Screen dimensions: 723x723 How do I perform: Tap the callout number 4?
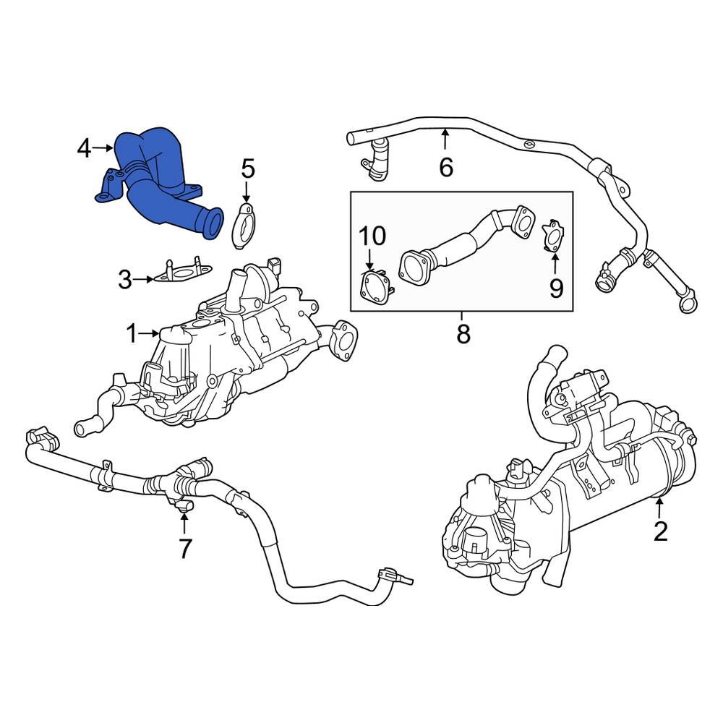[x=85, y=149]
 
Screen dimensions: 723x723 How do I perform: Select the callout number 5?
[x=247, y=171]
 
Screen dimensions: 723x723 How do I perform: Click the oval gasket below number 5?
[x=244, y=225]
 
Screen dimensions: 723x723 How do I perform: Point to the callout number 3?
[x=125, y=280]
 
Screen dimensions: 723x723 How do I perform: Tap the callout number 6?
[x=446, y=168]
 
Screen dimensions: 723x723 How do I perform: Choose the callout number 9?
[x=555, y=288]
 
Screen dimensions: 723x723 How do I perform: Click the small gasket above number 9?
[x=553, y=236]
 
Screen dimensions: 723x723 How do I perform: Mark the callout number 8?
[x=463, y=334]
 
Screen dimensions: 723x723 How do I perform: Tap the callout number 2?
[x=659, y=531]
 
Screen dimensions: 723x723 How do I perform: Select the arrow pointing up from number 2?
[x=659, y=508]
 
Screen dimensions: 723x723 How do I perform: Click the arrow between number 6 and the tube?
[x=446, y=140]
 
